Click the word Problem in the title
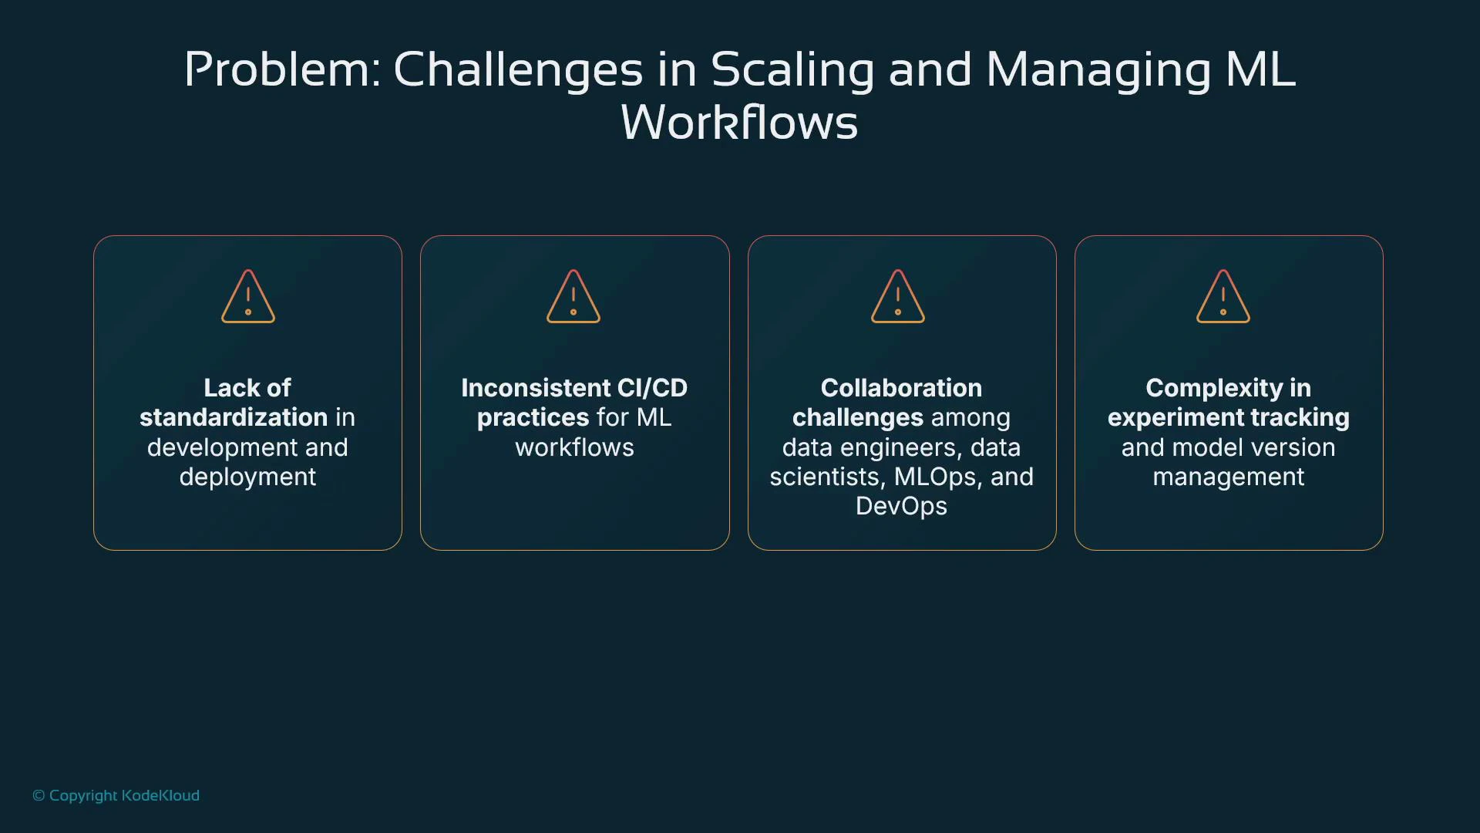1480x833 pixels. [x=281, y=70]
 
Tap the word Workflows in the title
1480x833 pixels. [x=739, y=123]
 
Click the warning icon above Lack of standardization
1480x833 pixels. [x=248, y=297]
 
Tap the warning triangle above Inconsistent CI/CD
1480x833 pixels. [x=573, y=297]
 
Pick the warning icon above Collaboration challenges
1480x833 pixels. [x=898, y=297]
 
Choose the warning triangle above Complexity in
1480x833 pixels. [x=1223, y=297]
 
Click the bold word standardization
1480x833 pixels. [x=234, y=417]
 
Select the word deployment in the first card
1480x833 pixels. [x=247, y=477]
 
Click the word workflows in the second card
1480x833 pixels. [x=574, y=447]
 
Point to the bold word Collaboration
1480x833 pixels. [x=901, y=388]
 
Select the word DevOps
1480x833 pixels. [x=901, y=506]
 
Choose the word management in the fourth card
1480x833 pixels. [x=1229, y=477]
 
